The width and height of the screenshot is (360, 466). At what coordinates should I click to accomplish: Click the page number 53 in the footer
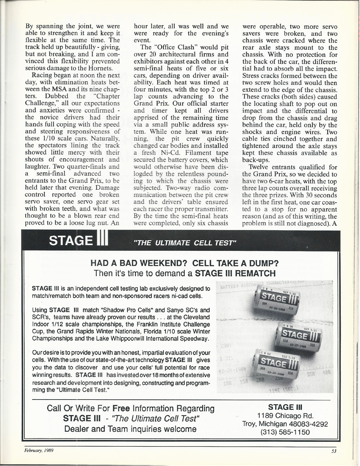coord(334,452)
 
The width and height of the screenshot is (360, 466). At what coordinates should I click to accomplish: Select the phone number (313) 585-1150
coord(285,432)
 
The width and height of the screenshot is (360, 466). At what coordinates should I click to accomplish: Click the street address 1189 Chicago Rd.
coord(285,415)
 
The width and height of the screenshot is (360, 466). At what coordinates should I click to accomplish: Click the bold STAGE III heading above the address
coord(285,407)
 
